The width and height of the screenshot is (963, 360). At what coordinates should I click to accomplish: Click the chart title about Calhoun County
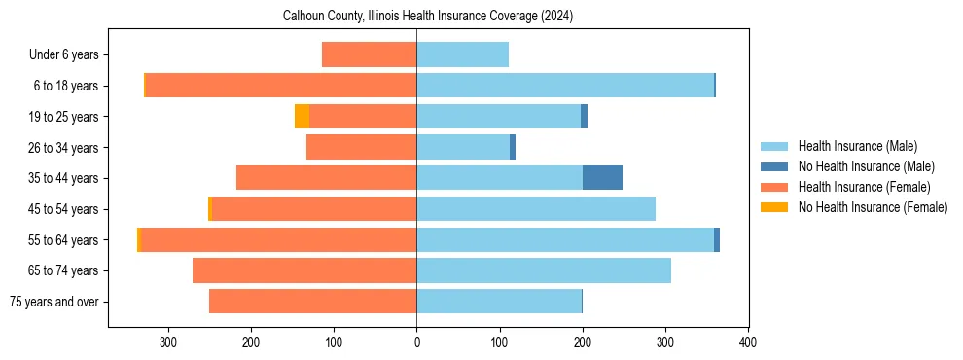pyautogui.click(x=428, y=17)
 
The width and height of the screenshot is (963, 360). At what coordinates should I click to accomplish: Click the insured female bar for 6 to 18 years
pyautogui.click(x=281, y=86)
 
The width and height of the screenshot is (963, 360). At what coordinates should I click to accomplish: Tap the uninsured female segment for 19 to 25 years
pyautogui.click(x=303, y=117)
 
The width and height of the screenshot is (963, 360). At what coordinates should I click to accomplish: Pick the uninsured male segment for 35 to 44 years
pyautogui.click(x=602, y=178)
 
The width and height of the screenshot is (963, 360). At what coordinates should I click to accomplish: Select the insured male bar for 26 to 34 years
pyautogui.click(x=463, y=147)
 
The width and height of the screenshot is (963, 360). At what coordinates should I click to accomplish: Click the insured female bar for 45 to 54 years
pyautogui.click(x=314, y=209)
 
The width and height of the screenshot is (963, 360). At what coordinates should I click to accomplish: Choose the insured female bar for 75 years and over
pyautogui.click(x=312, y=302)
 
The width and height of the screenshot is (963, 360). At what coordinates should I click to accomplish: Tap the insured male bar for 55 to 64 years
pyautogui.click(x=565, y=240)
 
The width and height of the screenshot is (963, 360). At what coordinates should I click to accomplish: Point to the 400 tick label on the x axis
pyautogui.click(x=748, y=342)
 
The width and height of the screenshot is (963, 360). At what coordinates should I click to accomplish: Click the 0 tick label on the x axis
pyautogui.click(x=416, y=342)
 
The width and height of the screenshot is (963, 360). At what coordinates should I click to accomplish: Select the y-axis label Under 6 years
pyautogui.click(x=64, y=54)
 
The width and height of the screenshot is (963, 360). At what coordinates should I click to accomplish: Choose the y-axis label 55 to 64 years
pyautogui.click(x=64, y=240)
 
